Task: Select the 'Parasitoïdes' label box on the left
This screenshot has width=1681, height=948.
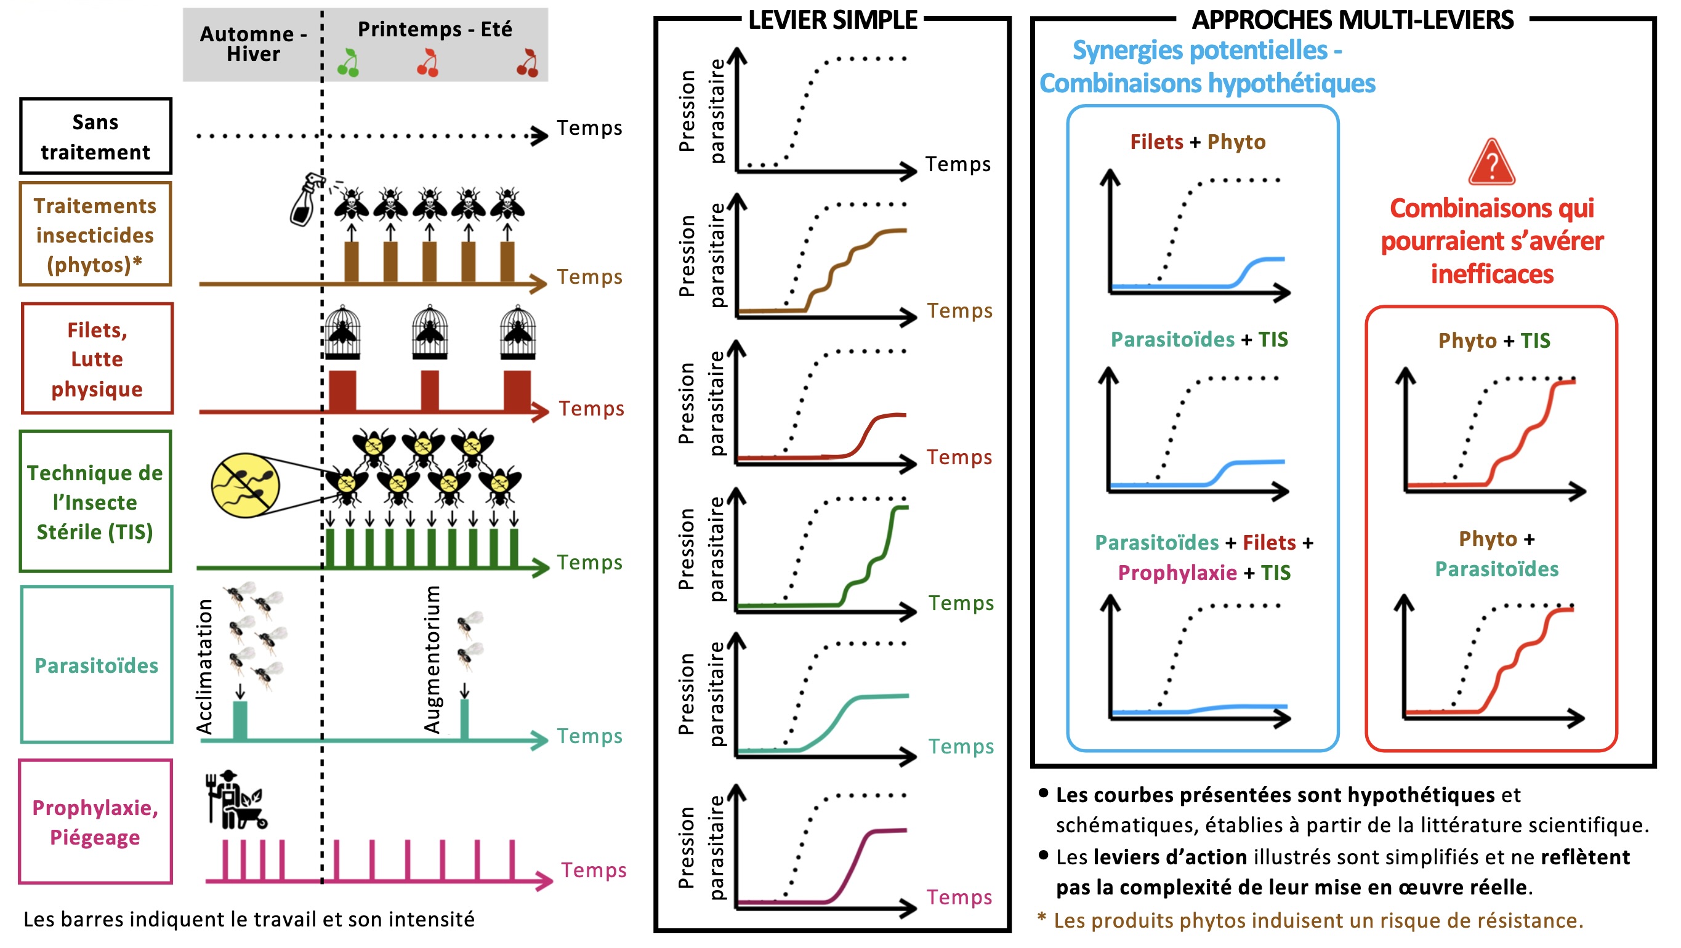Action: [97, 664]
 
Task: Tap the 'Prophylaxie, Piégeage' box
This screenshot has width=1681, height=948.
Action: [95, 821]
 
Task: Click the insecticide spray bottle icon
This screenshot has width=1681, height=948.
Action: [307, 199]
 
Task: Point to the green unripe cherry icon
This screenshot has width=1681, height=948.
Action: [349, 63]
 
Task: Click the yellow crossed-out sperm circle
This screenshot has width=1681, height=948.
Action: [245, 486]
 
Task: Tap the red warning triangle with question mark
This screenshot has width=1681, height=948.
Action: [1492, 163]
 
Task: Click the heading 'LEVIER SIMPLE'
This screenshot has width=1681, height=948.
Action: [832, 20]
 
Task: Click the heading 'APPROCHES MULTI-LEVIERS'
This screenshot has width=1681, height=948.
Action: [1353, 20]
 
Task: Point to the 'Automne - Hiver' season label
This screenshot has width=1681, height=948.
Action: [253, 44]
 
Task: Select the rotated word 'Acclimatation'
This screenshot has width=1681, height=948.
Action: [204, 666]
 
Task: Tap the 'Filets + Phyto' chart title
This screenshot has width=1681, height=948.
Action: [1198, 142]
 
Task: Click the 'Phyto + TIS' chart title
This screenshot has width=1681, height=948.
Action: [1494, 340]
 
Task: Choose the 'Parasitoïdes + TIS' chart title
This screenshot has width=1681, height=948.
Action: [1199, 339]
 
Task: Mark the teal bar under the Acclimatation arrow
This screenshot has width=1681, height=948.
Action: [240, 720]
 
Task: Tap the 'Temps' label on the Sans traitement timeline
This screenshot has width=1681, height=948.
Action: [590, 128]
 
